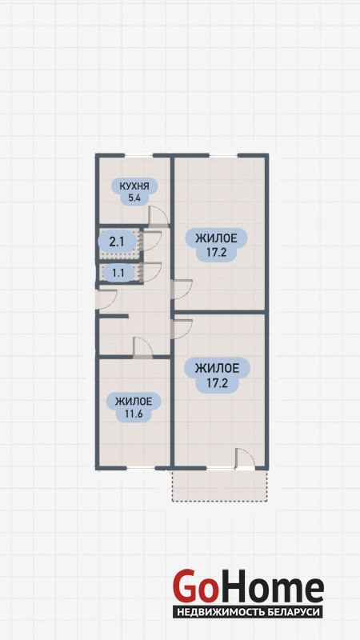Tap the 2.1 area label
(x=117, y=242)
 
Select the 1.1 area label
(x=118, y=272)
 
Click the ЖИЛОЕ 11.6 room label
(x=134, y=407)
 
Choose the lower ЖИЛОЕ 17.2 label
(x=217, y=375)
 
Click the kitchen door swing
(x=158, y=216)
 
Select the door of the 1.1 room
(x=151, y=272)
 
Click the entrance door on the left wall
(x=106, y=299)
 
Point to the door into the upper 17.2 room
(x=182, y=290)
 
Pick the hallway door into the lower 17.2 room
(x=182, y=329)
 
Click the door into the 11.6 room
(x=143, y=348)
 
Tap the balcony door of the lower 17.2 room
(x=246, y=459)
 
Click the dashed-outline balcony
(x=220, y=486)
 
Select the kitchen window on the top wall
(x=138, y=155)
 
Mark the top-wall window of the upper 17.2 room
(x=223, y=155)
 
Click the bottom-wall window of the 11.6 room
(x=141, y=468)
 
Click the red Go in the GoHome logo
(x=194, y=586)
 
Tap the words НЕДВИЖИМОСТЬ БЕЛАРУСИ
(x=247, y=612)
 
